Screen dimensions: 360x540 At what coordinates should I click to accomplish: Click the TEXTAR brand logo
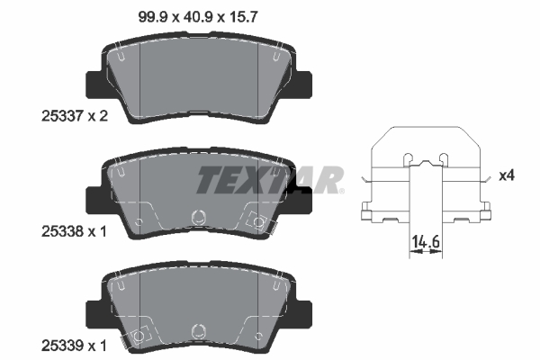(268, 180)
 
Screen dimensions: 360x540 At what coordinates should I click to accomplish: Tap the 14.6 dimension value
(424, 241)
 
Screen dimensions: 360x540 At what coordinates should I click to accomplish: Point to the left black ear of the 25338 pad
(92, 200)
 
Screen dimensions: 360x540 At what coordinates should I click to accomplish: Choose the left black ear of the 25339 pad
(92, 313)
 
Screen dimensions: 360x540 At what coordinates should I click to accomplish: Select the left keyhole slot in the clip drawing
(409, 159)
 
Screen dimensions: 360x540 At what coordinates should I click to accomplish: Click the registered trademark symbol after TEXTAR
(340, 190)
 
